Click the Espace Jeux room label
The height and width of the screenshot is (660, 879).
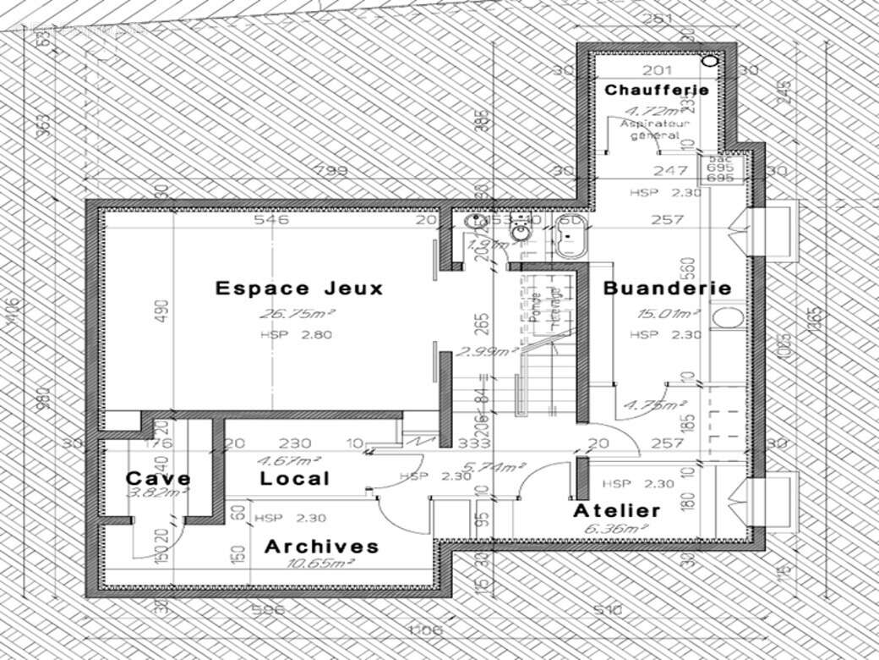299,288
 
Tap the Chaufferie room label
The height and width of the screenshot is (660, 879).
656,89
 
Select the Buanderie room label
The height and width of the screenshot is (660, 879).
667,288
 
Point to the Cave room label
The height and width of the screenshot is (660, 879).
158,478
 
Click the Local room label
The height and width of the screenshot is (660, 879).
294,478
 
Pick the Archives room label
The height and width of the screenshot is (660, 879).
321,547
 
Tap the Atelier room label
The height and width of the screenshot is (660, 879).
617,511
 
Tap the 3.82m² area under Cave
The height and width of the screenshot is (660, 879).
157,491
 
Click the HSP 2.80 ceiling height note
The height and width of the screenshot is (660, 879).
297,334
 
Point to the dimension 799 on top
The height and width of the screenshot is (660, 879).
330,171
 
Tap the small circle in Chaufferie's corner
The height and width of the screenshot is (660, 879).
710,61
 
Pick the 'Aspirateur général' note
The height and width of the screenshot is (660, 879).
655,129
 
